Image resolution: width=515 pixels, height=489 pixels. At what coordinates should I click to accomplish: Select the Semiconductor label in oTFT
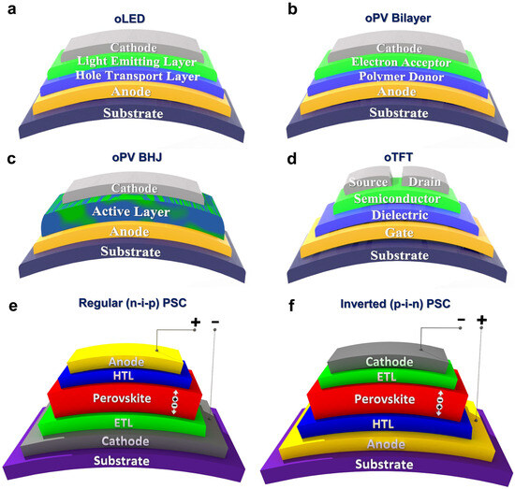pos(386,199)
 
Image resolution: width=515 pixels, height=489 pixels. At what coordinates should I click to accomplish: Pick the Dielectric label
pos(386,215)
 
